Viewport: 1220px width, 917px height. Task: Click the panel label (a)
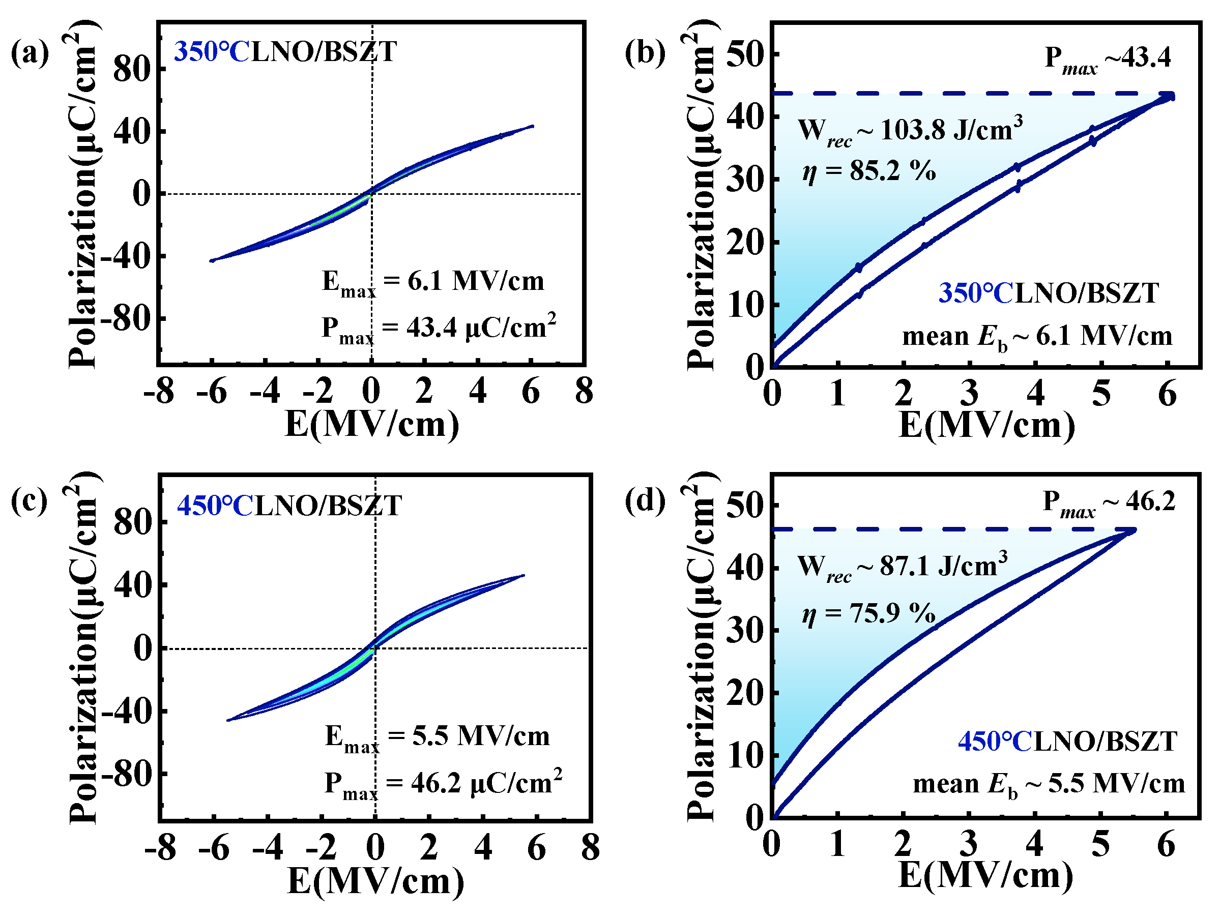(30, 53)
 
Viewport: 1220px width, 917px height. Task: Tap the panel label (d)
(644, 500)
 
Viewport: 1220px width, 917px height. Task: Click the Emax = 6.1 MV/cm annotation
(433, 282)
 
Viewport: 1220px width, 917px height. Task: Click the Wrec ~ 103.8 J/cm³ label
(910, 131)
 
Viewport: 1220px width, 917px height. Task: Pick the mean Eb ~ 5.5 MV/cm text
(1049, 784)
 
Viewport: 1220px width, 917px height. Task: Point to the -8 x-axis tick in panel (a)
(159, 392)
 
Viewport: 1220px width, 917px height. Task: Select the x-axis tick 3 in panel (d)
(968, 844)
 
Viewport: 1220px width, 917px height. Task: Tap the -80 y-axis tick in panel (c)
(132, 774)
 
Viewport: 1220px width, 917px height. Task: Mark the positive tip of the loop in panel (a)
(532, 126)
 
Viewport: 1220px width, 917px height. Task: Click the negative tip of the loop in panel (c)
(228, 720)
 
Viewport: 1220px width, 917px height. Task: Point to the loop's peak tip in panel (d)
(1130, 530)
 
